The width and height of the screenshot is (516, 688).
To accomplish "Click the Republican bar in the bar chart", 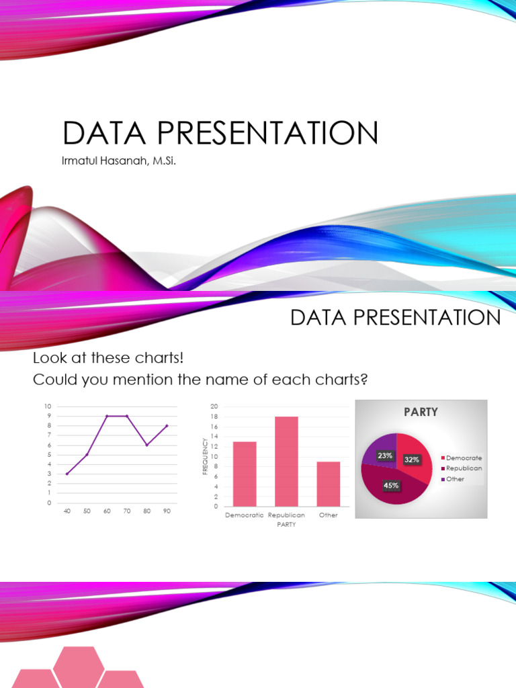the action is click(x=286, y=461).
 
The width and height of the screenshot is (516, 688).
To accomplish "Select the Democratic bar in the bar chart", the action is click(x=245, y=474).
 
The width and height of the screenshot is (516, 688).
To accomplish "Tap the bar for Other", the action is click(x=329, y=484).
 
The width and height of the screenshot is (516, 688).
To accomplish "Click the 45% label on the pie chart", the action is click(x=391, y=485).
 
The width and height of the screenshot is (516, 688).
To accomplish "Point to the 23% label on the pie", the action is click(x=385, y=456).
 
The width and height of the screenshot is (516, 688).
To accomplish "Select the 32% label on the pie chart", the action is click(x=412, y=460).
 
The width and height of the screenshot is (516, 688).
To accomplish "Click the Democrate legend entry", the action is click(x=461, y=458).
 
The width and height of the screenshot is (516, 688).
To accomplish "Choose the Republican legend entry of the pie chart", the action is click(x=461, y=468).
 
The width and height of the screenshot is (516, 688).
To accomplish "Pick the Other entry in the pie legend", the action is click(x=452, y=479).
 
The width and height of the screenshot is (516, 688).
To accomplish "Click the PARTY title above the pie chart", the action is click(x=421, y=412).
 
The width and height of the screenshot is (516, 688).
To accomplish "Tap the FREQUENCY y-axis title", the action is click(x=205, y=456).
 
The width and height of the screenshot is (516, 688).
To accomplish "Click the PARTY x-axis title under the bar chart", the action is click(x=286, y=524).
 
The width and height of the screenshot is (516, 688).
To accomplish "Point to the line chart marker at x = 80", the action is click(x=147, y=445).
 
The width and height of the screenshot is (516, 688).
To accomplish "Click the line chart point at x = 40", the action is click(x=67, y=474).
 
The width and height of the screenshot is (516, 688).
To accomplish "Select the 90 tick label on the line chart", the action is click(x=167, y=511).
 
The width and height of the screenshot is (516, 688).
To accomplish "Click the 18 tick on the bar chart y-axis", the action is click(x=214, y=417).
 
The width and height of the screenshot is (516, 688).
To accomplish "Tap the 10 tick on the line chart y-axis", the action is click(x=48, y=406).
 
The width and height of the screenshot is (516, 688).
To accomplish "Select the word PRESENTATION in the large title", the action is click(x=267, y=132).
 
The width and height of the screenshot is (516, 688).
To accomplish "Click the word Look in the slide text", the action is click(x=50, y=358).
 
